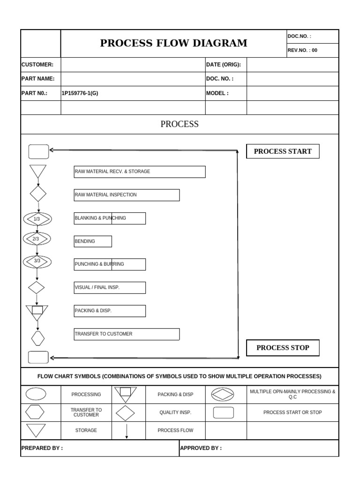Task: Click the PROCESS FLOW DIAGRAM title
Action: tap(174, 43)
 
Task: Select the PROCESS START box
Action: tap(283, 151)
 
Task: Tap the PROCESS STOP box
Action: tap(283, 348)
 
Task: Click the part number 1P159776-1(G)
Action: tap(80, 93)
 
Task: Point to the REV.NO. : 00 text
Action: tap(302, 50)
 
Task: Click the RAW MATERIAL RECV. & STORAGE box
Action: tap(140, 172)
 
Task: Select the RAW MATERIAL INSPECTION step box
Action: tap(127, 195)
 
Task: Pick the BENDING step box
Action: tap(93, 241)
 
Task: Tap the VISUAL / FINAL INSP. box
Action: tap(110, 287)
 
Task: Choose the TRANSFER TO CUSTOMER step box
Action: tap(127, 334)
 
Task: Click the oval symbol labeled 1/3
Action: tap(37, 219)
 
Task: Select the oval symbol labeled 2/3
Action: tap(37, 239)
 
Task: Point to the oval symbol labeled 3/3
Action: tap(37, 261)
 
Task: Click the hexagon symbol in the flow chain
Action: tap(37, 337)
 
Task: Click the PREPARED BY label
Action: tap(42, 448)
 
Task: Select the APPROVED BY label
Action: tap(201, 448)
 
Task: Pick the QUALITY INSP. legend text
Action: tap(175, 412)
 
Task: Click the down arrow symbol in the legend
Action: tap(127, 430)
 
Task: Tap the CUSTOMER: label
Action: tap(37, 65)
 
